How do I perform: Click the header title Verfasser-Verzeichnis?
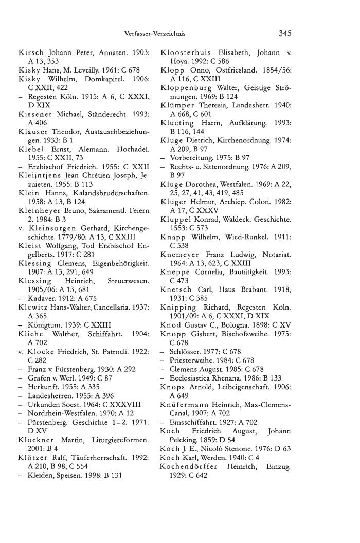tap(155, 34)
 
